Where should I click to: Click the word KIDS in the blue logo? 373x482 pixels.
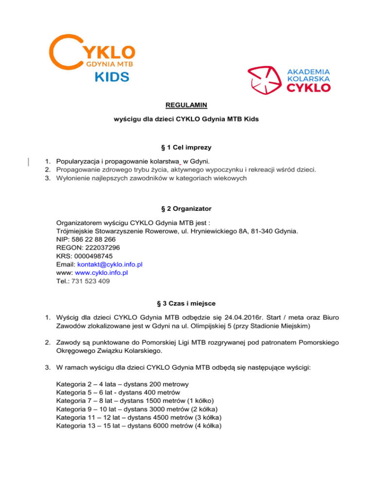111,77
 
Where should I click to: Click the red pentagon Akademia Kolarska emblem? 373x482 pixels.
265,79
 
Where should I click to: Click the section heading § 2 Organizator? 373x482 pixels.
186,208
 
